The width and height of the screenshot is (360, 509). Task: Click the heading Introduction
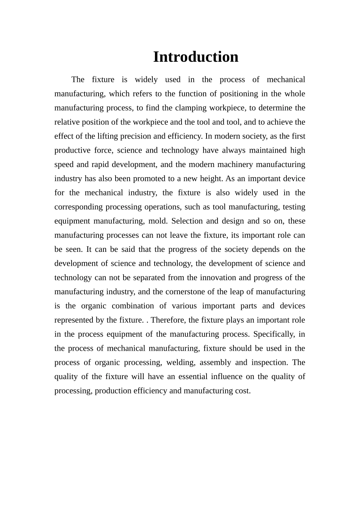(x=196, y=57)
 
